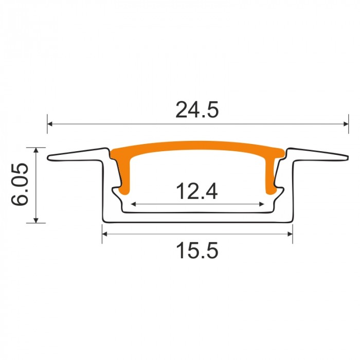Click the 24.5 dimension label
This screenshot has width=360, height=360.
(x=197, y=110)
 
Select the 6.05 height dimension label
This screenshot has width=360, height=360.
(x=20, y=184)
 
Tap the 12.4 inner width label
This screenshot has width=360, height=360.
(x=197, y=191)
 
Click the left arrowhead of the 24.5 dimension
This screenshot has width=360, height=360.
(x=50, y=124)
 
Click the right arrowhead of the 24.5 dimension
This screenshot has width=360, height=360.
(x=346, y=124)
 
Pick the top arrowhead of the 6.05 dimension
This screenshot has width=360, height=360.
(x=36, y=150)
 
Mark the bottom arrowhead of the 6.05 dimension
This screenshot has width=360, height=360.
(x=36, y=220)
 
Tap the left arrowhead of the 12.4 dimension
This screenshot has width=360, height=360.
(x=133, y=204)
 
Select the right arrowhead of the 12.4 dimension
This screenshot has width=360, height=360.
(x=261, y=204)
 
